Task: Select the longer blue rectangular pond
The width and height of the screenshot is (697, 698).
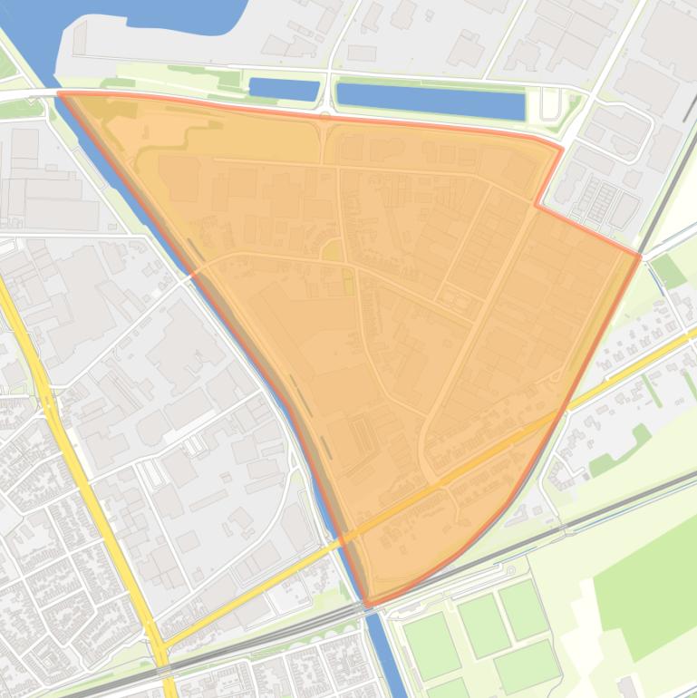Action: [431, 100]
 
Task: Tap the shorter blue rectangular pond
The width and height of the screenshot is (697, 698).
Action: [284, 89]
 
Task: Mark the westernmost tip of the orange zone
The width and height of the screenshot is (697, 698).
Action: [59, 92]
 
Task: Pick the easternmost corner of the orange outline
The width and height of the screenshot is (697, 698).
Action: [640, 257]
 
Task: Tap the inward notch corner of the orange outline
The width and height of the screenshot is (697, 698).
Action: [536, 206]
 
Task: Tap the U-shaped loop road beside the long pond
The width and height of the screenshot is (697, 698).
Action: [549, 104]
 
